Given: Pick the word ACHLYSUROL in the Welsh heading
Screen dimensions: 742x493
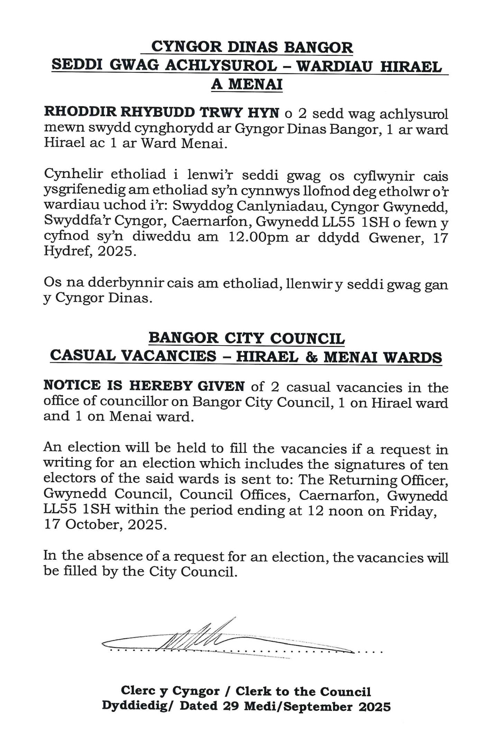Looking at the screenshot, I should (221, 66).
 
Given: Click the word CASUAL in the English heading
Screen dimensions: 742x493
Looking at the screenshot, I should (83, 356).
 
